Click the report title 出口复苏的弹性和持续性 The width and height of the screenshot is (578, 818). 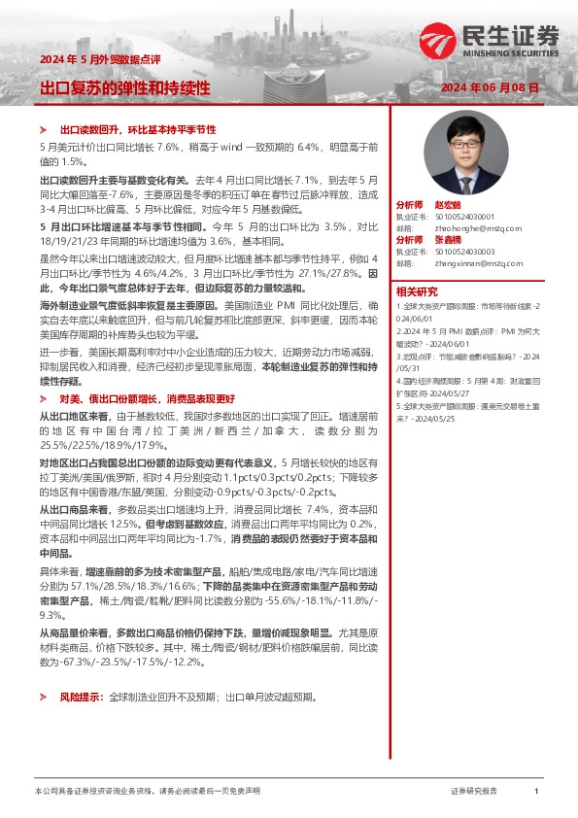[x=124, y=87]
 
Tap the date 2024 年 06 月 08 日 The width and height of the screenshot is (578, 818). [x=490, y=88]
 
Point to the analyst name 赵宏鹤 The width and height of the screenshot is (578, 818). [x=446, y=206]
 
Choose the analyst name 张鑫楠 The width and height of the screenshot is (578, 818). [x=446, y=239]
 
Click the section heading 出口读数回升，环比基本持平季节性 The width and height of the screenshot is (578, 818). [x=137, y=129]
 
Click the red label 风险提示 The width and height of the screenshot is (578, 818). [x=79, y=698]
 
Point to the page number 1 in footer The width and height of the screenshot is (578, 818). [x=536, y=791]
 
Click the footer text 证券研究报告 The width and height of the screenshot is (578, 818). [x=474, y=791]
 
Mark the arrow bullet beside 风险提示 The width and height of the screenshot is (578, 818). [x=44, y=698]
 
